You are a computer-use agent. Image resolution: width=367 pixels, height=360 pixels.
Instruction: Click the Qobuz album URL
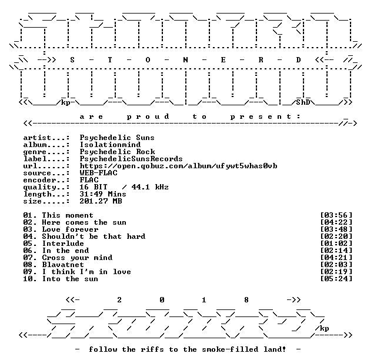(178, 166)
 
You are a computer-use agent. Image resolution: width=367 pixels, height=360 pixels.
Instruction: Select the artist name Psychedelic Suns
(117, 138)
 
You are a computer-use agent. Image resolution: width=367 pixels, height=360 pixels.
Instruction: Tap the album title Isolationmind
(110, 145)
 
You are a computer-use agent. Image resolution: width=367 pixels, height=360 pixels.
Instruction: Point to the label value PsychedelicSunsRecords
(131, 159)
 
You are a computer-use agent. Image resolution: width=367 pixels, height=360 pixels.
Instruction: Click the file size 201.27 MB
(101, 201)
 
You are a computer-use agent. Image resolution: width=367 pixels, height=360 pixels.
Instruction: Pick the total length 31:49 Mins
(103, 194)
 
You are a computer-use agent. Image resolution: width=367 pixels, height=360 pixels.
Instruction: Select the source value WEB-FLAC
(99, 173)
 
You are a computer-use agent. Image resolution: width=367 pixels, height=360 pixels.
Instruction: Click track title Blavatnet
(63, 265)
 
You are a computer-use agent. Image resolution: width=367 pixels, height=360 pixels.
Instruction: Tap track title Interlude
(63, 244)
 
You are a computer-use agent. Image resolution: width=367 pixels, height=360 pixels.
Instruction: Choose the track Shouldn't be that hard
(94, 236)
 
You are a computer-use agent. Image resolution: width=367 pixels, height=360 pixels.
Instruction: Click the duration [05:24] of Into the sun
(336, 279)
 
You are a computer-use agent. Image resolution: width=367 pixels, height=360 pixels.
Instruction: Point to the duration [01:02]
(336, 244)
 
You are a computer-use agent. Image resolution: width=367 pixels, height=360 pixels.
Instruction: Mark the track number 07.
(28, 258)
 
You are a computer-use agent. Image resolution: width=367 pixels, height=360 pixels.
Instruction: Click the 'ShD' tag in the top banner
(303, 102)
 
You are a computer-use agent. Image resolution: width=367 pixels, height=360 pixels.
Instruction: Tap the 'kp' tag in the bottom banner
(324, 329)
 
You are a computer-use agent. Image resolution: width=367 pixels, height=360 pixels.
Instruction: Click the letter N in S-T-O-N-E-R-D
(185, 60)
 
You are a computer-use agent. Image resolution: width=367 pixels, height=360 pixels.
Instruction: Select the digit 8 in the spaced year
(246, 300)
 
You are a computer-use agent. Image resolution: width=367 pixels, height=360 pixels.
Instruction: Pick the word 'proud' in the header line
(148, 116)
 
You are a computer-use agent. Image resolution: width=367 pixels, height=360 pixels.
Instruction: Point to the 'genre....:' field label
(46, 152)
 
